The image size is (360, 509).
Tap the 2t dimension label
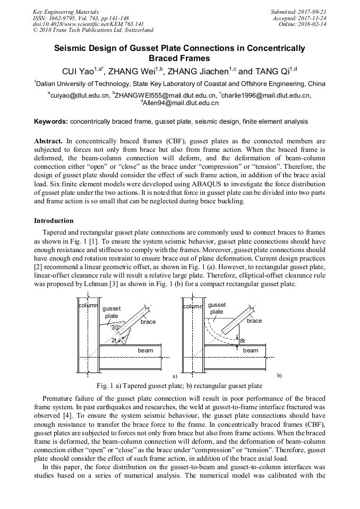point(114,340)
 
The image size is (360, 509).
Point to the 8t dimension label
point(242,340)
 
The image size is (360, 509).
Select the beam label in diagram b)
point(251,350)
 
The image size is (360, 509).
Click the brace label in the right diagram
point(254,321)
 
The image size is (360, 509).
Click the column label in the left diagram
point(88,306)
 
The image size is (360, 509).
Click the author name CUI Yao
point(78,70)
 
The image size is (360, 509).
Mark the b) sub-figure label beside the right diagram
point(279,375)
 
